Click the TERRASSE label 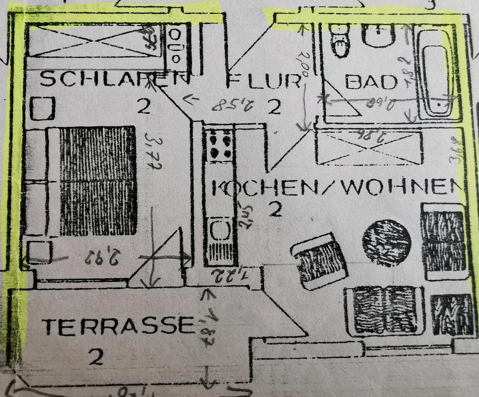[x=118, y=327]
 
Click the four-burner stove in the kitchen [x=220, y=145]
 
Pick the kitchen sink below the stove [x=220, y=230]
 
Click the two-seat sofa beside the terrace [x=385, y=309]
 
